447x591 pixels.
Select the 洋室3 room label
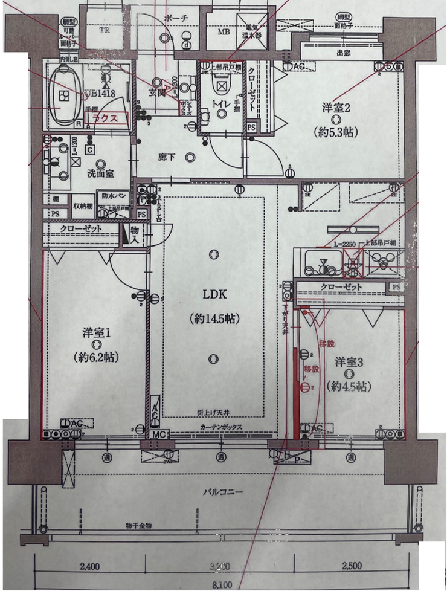coord(350,362)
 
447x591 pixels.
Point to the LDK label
coord(213,295)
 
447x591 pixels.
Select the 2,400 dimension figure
coord(89,566)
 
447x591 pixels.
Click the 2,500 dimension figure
coord(352,566)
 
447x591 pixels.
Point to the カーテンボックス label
coord(222,427)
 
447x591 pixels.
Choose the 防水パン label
coord(113,196)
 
